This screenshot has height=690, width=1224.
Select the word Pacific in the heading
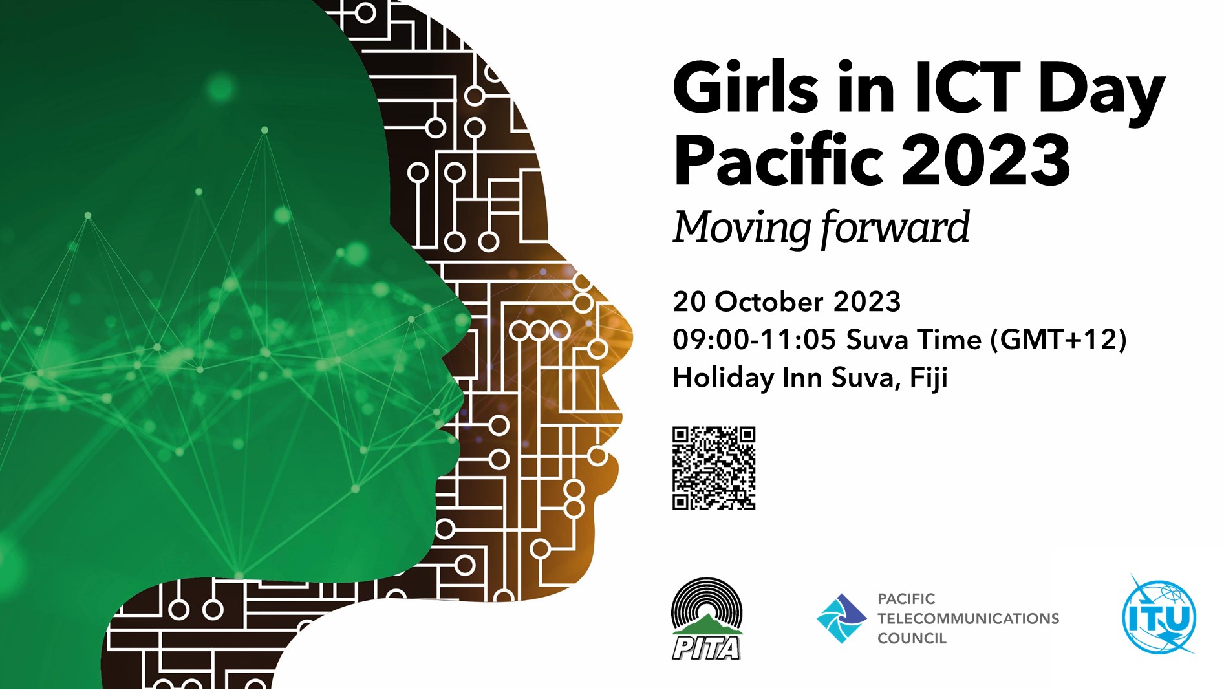click(778, 159)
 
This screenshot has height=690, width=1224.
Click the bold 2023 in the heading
click(985, 159)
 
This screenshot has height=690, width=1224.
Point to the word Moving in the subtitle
click(741, 228)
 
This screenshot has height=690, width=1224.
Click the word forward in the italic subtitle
click(896, 228)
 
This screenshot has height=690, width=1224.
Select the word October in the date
click(769, 302)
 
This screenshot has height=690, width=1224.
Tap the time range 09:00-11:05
click(754, 340)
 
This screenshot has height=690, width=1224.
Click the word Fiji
click(929, 378)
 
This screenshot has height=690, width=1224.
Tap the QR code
click(714, 468)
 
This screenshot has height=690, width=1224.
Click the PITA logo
click(707, 619)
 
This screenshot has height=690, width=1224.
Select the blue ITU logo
click(1159, 616)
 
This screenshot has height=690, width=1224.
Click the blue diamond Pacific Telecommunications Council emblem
click(841, 618)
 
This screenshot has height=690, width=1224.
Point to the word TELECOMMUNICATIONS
click(968, 619)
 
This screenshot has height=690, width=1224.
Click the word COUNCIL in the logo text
click(912, 639)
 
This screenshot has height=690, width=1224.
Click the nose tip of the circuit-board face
click(630, 336)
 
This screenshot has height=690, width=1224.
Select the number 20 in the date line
click(689, 302)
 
